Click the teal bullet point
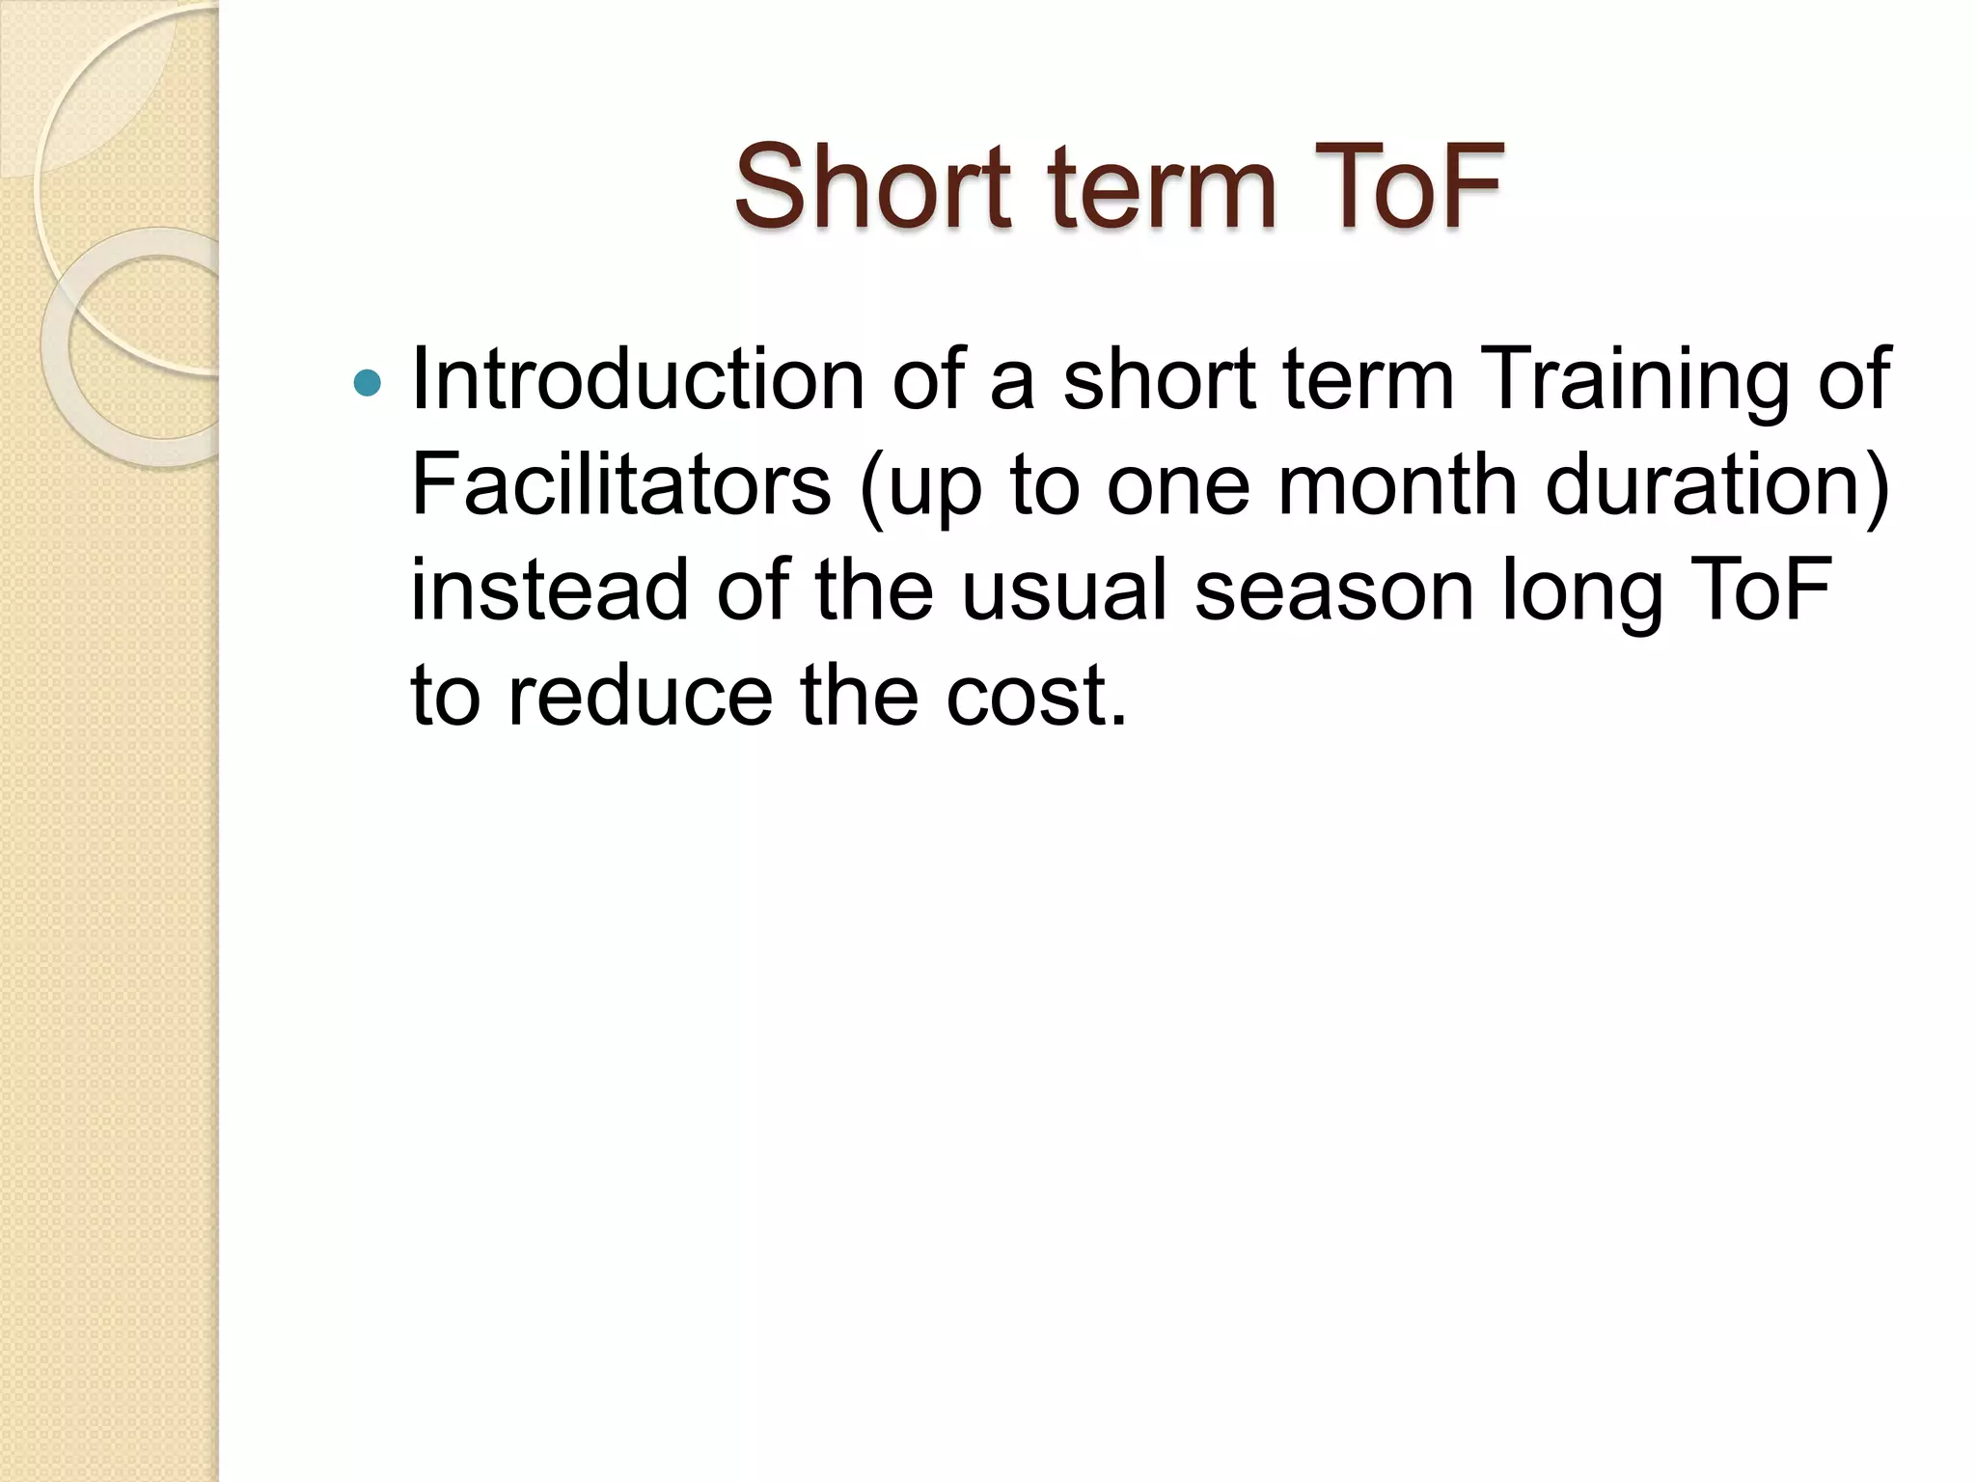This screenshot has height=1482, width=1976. (368, 384)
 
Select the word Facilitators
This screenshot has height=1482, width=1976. (620, 484)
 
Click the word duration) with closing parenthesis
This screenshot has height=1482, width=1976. (1717, 486)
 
